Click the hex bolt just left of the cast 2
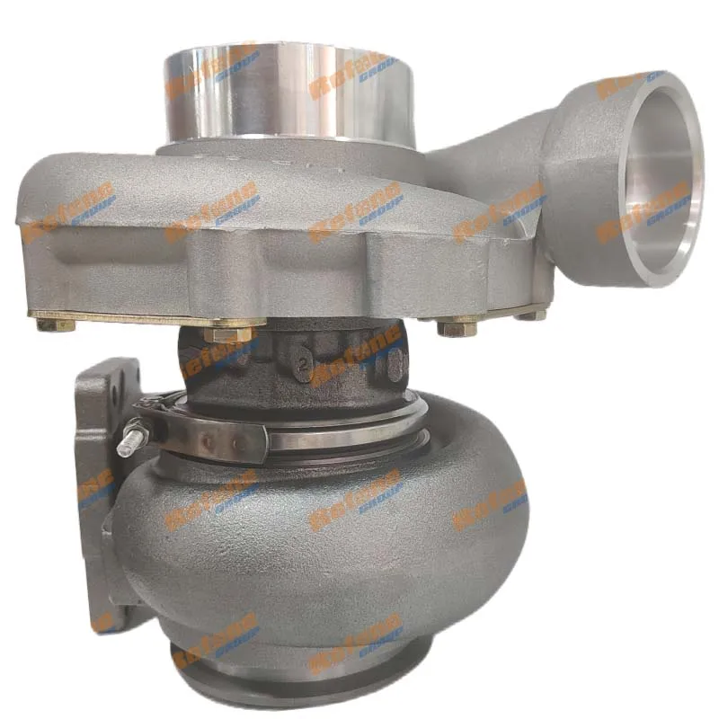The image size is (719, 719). pos(230,335)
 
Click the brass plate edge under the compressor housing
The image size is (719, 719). pos(135,317)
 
